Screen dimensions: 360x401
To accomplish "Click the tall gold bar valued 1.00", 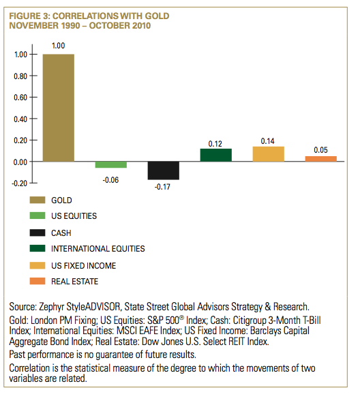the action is [59, 108].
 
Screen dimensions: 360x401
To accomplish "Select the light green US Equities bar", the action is [111, 165].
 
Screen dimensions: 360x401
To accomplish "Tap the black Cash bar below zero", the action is [164, 170].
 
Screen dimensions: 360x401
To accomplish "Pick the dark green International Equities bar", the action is [215, 155].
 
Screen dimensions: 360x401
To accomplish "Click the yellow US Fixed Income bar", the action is [269, 154].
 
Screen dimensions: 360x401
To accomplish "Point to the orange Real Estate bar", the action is [321, 159].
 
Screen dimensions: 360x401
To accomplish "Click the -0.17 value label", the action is [162, 187].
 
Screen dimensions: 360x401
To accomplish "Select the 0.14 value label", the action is [267, 141].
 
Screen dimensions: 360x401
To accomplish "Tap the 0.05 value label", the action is [320, 150].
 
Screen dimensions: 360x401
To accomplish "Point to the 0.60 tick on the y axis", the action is [20, 98].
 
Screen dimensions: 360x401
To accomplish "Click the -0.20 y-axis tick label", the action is [19, 183].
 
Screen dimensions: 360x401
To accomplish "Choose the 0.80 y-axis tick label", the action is [20, 76].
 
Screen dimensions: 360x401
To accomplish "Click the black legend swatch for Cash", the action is [37, 233].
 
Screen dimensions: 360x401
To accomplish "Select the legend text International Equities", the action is [98, 248].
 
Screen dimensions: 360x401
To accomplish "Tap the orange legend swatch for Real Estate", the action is [37, 281].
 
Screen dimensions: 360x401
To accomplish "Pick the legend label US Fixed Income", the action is [84, 266].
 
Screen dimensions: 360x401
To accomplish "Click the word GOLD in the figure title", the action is [157, 16].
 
